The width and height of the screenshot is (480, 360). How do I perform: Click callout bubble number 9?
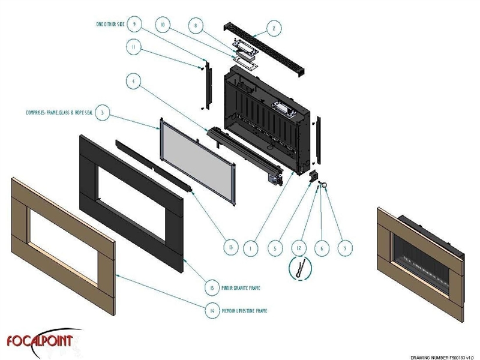[x=134, y=25]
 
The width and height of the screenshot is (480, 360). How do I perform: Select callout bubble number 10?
[x=161, y=25]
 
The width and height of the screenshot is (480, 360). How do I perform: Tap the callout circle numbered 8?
[x=194, y=27]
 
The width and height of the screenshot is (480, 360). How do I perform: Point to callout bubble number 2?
[x=274, y=27]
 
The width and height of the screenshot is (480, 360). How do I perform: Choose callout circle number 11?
[x=134, y=46]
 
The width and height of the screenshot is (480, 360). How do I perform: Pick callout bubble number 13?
[x=227, y=247]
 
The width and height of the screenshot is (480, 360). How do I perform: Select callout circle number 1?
[x=251, y=247]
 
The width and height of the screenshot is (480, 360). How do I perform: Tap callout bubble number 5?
[x=275, y=247]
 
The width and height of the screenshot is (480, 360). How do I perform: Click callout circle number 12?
[x=299, y=247]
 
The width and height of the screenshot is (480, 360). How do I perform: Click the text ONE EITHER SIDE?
[x=110, y=24]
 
